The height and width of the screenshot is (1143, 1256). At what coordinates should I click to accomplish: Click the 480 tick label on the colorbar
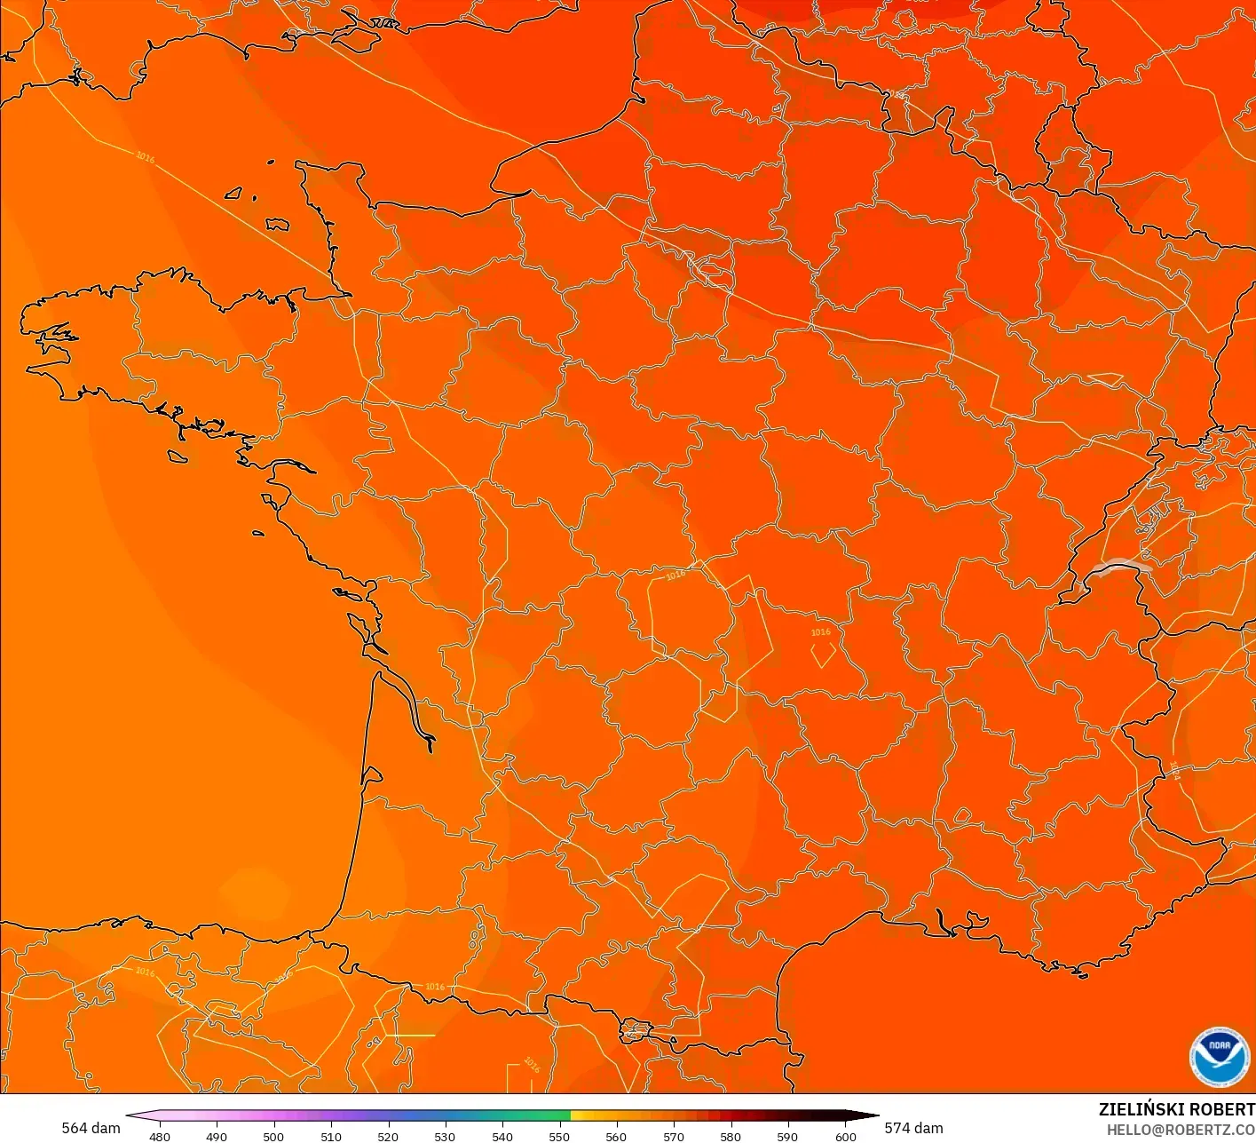pyautogui.click(x=160, y=1136)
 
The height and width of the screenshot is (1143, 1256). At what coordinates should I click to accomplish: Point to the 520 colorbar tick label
pyautogui.click(x=388, y=1136)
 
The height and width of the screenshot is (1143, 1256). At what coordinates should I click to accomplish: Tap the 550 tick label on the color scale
pyautogui.click(x=559, y=1136)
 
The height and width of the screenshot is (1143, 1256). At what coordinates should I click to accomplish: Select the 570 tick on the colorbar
pyautogui.click(x=674, y=1136)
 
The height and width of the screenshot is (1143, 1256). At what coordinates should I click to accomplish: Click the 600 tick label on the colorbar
pyautogui.click(x=846, y=1136)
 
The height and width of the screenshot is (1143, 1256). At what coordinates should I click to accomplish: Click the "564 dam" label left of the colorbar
pyautogui.click(x=91, y=1128)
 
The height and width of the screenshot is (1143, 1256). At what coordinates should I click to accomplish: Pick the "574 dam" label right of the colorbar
pyautogui.click(x=913, y=1128)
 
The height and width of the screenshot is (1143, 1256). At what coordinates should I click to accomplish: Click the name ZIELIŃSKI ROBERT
pyautogui.click(x=1176, y=1109)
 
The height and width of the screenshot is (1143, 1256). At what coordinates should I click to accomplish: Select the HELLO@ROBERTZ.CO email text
pyautogui.click(x=1181, y=1130)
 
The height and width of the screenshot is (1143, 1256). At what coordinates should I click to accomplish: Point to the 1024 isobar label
pyautogui.click(x=1174, y=770)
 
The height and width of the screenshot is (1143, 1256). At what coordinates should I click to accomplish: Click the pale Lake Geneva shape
pyautogui.click(x=1120, y=567)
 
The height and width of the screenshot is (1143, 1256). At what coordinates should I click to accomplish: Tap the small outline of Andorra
pyautogui.click(x=636, y=1032)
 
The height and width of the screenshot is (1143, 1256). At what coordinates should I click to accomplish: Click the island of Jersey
pyautogui.click(x=277, y=225)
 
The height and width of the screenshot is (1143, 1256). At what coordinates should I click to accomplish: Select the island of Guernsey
pyautogui.click(x=234, y=193)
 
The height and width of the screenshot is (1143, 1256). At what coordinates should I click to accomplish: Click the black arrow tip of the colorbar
pyautogui.click(x=871, y=1115)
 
